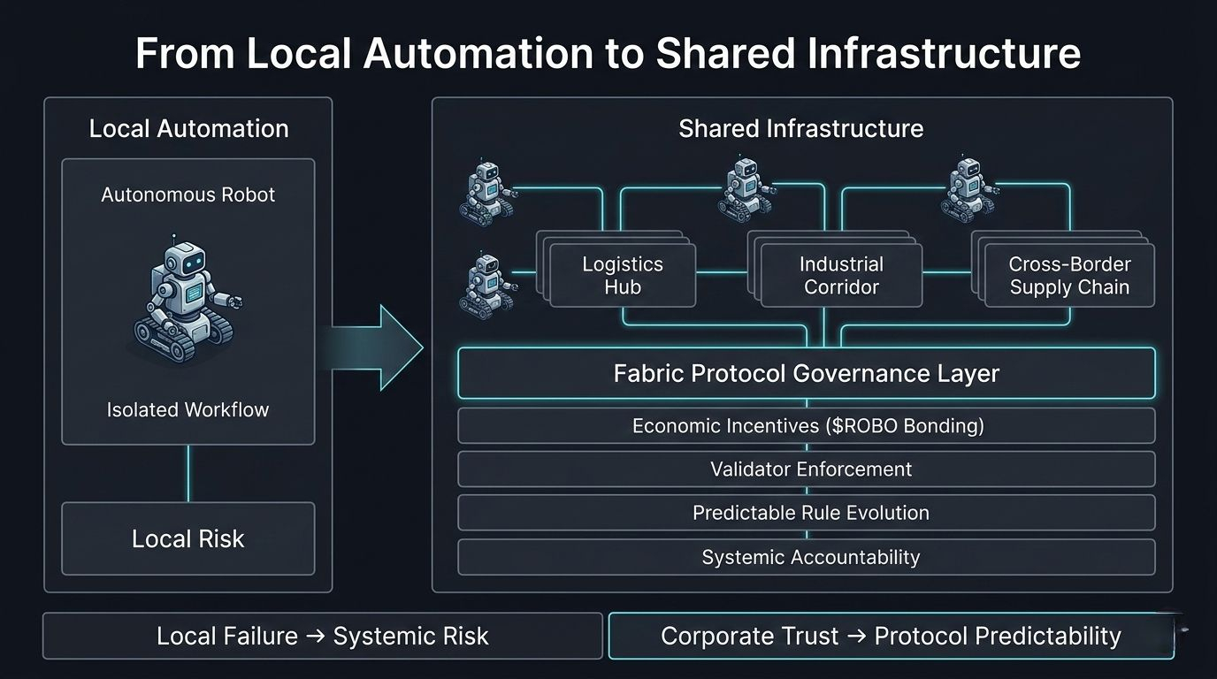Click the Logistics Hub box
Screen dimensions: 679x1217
coord(623,275)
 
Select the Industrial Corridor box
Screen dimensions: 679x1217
coord(840,275)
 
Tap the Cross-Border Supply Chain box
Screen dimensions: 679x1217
coord(1069,275)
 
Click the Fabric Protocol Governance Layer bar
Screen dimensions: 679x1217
coord(806,373)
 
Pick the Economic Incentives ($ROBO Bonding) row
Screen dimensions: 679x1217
coord(806,426)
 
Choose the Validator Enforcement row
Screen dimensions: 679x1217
coord(806,469)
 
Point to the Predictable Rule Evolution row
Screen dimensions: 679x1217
coord(806,513)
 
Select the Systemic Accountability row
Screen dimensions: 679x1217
coord(806,557)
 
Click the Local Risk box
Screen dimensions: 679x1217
coord(188,538)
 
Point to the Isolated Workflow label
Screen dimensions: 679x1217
coord(188,410)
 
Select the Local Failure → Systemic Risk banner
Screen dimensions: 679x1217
coord(322,636)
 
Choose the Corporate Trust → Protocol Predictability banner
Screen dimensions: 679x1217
coord(891,636)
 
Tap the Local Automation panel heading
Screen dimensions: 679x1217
coord(188,129)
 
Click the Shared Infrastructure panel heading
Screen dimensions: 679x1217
coord(800,129)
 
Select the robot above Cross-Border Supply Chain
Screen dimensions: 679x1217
coord(965,189)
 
